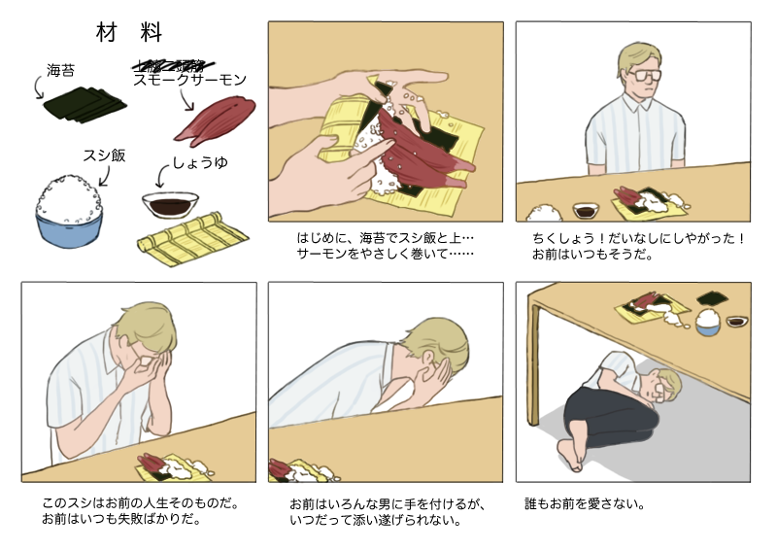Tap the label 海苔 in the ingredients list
(61, 70)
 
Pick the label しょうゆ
(200, 162)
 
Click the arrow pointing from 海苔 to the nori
(40, 89)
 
